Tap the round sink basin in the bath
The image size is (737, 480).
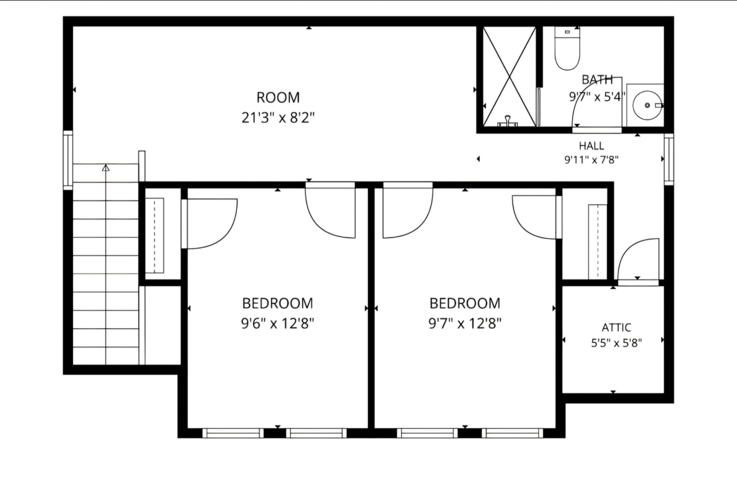pos(647,105)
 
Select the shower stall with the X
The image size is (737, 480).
pos(509,77)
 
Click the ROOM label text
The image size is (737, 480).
pos(278,97)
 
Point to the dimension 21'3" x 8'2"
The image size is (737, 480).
pos(278,118)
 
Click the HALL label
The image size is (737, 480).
pos(591,146)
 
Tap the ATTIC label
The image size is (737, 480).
pos(616,328)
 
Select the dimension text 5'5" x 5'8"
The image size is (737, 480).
pos(616,343)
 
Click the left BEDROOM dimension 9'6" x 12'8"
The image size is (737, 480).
pos(277,324)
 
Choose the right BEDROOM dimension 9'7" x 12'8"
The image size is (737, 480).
pos(465,324)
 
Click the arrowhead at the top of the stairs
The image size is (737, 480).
pos(105,168)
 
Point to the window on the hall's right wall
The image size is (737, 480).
pos(669,159)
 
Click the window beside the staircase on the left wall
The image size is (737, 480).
pos(68,160)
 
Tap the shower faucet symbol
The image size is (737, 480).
pos(507,121)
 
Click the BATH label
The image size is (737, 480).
pos(597,79)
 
